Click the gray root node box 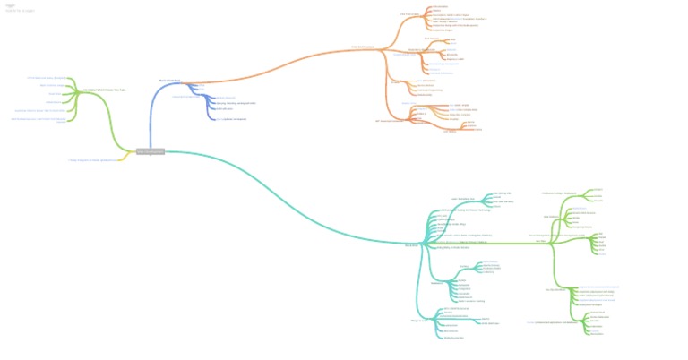click(150, 151)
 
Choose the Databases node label click(438, 283)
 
